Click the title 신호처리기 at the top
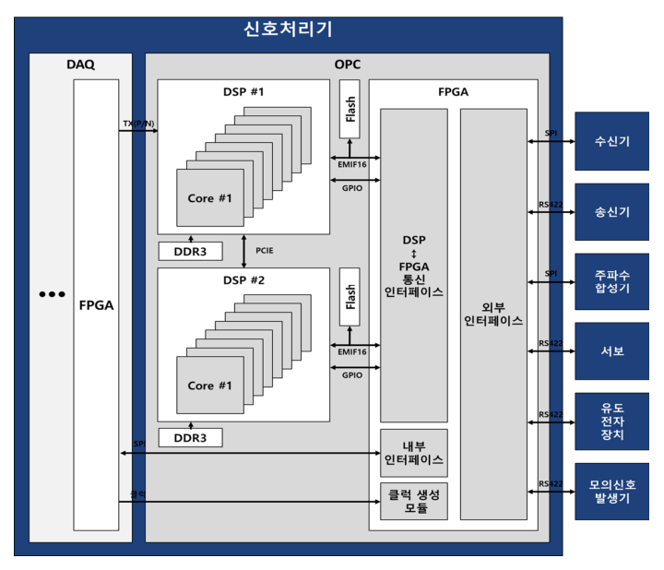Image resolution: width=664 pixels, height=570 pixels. point(287,30)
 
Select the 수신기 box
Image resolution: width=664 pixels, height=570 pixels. point(611,141)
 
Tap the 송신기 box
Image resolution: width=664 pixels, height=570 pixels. point(611,211)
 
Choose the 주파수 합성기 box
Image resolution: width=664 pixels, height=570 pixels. point(611,281)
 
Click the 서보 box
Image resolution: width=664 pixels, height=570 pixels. point(611,350)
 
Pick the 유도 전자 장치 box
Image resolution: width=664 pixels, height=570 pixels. point(611,421)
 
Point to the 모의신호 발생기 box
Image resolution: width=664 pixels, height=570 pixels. point(611,491)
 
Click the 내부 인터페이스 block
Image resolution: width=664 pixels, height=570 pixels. point(414,452)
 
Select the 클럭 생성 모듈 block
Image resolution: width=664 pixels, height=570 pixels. point(414,500)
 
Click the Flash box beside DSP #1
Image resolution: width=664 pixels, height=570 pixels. point(350,109)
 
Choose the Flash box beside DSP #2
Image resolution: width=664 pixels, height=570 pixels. point(350,297)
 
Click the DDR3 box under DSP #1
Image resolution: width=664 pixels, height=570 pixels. point(191,250)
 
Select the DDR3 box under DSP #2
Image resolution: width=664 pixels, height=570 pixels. point(191,437)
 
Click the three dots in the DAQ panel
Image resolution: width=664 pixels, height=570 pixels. point(52,294)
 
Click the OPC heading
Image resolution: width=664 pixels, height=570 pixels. point(347,65)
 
